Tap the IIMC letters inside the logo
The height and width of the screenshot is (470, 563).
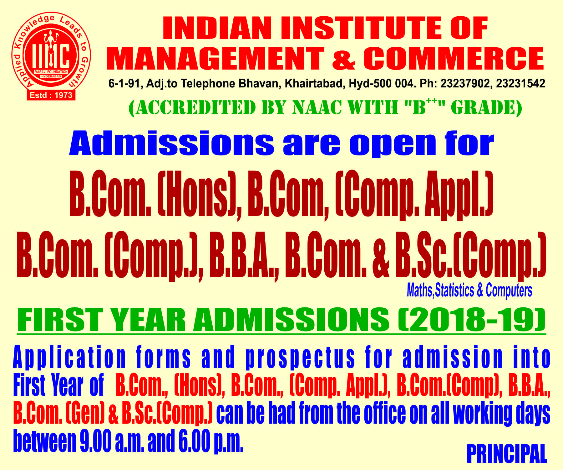point(51,55)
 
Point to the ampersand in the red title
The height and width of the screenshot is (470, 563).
point(343,59)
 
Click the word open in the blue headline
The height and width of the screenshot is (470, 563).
point(393,144)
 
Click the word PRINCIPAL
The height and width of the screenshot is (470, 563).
point(507,453)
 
